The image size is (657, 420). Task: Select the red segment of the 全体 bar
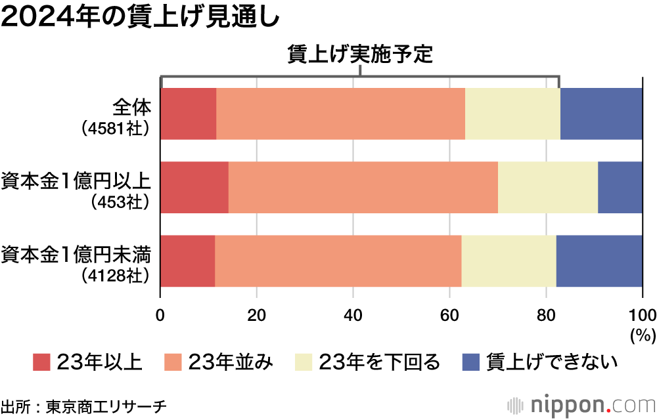pos(189,114)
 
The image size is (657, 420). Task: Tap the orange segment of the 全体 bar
pos(340,114)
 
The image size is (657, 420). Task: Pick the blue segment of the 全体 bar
pos(601,114)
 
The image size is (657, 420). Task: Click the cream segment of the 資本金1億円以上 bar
pos(548,187)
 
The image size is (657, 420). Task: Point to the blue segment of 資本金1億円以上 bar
pos(620,187)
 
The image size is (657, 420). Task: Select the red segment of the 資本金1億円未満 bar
pos(188,261)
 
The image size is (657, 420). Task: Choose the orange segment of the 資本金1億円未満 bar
pos(338,261)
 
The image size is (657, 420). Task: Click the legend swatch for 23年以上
pos(41,362)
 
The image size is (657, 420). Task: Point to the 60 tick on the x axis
pos(449,312)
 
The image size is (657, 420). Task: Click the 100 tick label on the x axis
pos(642,312)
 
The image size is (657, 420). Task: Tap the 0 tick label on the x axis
pos(160,312)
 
